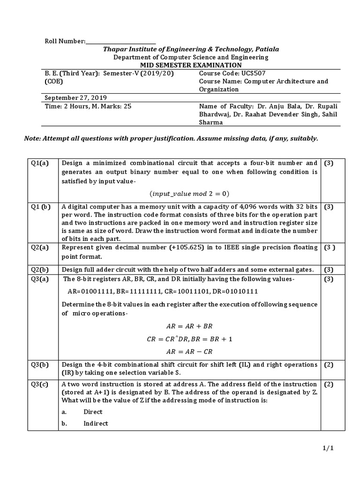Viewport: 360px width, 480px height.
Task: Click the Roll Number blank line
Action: [120, 42]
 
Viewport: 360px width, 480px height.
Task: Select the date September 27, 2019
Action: [75, 98]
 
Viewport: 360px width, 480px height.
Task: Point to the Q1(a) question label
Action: [40, 163]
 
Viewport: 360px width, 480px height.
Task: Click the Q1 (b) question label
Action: [41, 207]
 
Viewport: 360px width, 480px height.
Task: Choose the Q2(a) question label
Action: [40, 248]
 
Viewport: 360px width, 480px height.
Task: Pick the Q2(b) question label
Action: [40, 269]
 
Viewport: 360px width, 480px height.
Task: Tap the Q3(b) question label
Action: [40, 364]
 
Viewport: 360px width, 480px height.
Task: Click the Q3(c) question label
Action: [40, 384]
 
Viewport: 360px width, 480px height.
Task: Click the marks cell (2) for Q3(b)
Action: [328, 364]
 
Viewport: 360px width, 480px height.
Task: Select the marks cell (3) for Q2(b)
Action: [328, 269]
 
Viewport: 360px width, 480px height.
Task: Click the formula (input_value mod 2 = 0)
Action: [189, 194]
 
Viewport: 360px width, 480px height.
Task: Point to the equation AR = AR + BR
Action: [189, 326]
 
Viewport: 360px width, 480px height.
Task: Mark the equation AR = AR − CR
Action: [189, 351]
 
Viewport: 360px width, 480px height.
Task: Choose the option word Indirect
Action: [96, 423]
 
